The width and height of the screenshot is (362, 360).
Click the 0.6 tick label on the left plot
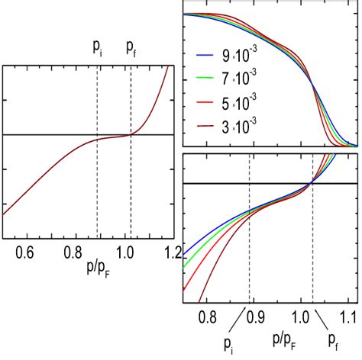(25, 252)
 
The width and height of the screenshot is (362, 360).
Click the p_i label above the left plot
(98, 49)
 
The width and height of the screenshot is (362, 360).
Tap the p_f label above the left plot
(132, 49)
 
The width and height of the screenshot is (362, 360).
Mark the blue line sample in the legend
(206, 57)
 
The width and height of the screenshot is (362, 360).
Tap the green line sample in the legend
(206, 80)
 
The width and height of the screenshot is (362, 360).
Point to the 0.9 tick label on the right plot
(254, 314)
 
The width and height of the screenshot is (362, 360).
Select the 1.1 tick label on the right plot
(348, 314)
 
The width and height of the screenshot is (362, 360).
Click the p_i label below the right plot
(229, 345)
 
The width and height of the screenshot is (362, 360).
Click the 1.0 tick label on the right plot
(302, 314)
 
